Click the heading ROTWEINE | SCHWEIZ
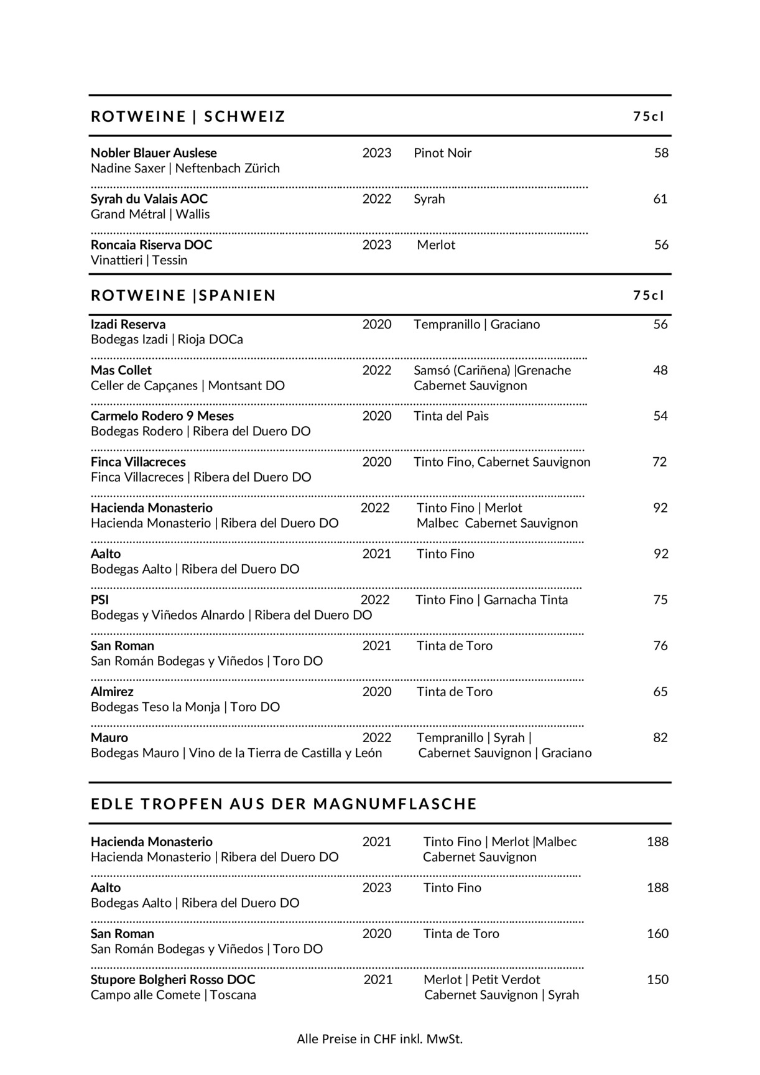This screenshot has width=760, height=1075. coord(188,116)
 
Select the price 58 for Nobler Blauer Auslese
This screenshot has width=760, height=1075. coord(661,153)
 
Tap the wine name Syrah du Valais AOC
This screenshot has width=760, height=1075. coord(149,199)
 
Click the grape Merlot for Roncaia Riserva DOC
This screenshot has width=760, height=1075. coord(436,245)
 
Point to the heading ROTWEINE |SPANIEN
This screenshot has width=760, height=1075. coord(183,295)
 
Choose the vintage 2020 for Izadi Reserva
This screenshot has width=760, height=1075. coord(377,324)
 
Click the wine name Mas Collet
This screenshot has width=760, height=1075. coord(121,370)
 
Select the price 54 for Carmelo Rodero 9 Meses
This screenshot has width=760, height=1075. coord(660,416)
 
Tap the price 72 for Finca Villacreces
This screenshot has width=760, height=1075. coord(660,462)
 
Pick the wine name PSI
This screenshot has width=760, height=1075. coord(100,600)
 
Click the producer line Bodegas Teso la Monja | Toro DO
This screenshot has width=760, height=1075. coord(185,707)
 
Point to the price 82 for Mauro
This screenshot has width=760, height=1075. coord(660,738)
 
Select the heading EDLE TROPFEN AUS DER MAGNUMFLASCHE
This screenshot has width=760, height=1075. coord(284,804)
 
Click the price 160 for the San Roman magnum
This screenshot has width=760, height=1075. coord(657,934)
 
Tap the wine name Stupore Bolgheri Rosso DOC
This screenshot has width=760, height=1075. coord(173,980)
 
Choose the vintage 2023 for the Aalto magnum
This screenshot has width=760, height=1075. coord(377,888)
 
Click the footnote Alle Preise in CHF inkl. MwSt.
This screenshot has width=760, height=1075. coord(380,1038)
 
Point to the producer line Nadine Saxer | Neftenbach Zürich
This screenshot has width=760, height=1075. coord(185,169)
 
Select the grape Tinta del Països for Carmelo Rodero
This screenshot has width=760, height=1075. coord(451,416)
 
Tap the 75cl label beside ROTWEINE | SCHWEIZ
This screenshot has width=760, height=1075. coord(649,116)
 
